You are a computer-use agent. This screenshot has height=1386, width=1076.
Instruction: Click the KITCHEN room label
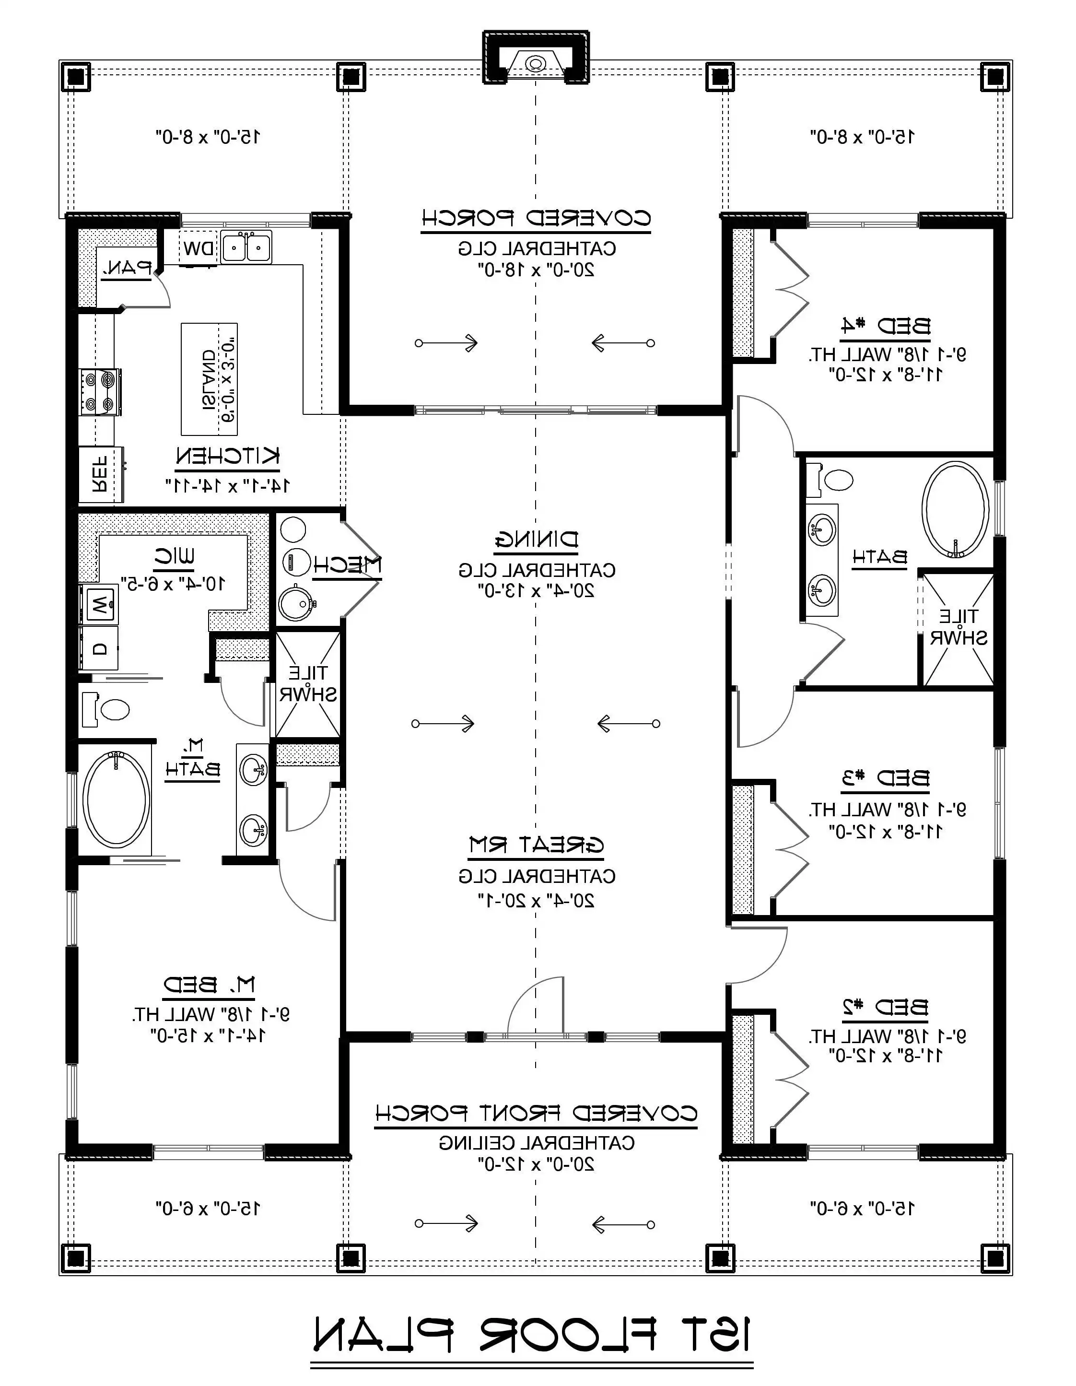tap(227, 456)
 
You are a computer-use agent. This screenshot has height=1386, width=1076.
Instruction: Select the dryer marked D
tap(99, 648)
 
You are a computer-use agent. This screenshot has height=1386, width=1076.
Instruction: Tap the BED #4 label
tap(886, 326)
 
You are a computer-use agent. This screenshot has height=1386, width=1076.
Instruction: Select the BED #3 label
tap(886, 777)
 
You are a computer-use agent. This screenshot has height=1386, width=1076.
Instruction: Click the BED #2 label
tap(886, 1007)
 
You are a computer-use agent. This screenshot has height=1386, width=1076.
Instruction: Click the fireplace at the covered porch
tap(536, 63)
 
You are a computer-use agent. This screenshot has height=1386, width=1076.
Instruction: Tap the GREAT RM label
tap(536, 845)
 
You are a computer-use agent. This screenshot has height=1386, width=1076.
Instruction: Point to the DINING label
tap(536, 540)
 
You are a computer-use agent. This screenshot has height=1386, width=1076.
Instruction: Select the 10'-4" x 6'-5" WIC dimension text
tap(173, 584)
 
